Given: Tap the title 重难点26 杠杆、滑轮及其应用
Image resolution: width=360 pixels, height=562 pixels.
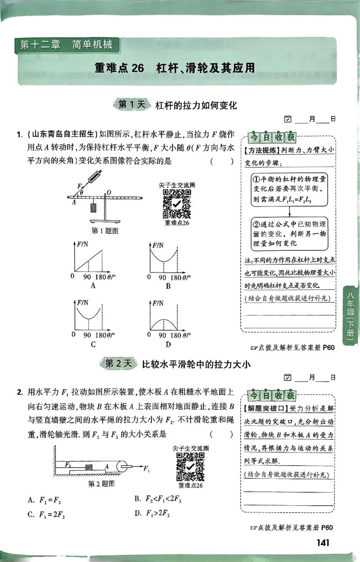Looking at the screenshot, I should pos(175,68).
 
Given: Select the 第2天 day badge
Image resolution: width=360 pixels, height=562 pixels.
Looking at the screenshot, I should pos(118,364).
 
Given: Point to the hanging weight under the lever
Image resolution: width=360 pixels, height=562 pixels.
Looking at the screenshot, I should pos(93,208).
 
